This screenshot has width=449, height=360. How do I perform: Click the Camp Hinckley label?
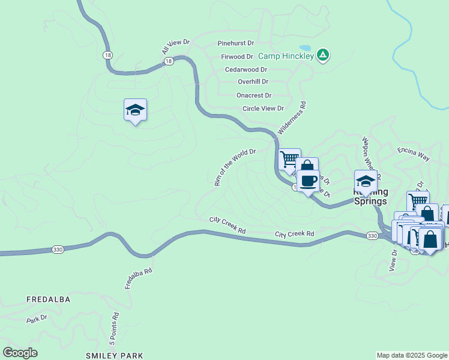point(286,56)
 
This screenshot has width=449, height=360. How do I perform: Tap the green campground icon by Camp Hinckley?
point(323,55)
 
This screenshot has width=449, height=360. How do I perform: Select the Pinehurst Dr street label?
point(236,43)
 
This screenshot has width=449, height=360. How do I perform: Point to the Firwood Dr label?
point(237,56)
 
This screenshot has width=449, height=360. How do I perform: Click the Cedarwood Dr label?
point(246,70)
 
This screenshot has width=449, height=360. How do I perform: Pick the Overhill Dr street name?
point(253,82)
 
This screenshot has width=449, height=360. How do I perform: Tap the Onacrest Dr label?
point(254,95)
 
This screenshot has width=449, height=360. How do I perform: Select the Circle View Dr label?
point(263,109)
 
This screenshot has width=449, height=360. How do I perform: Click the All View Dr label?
point(175,48)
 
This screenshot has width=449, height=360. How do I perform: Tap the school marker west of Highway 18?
point(136,110)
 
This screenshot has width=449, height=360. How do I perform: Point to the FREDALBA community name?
point(49,299)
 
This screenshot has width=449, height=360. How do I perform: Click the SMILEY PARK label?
point(115,356)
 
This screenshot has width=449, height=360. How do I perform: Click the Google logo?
point(20,353)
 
